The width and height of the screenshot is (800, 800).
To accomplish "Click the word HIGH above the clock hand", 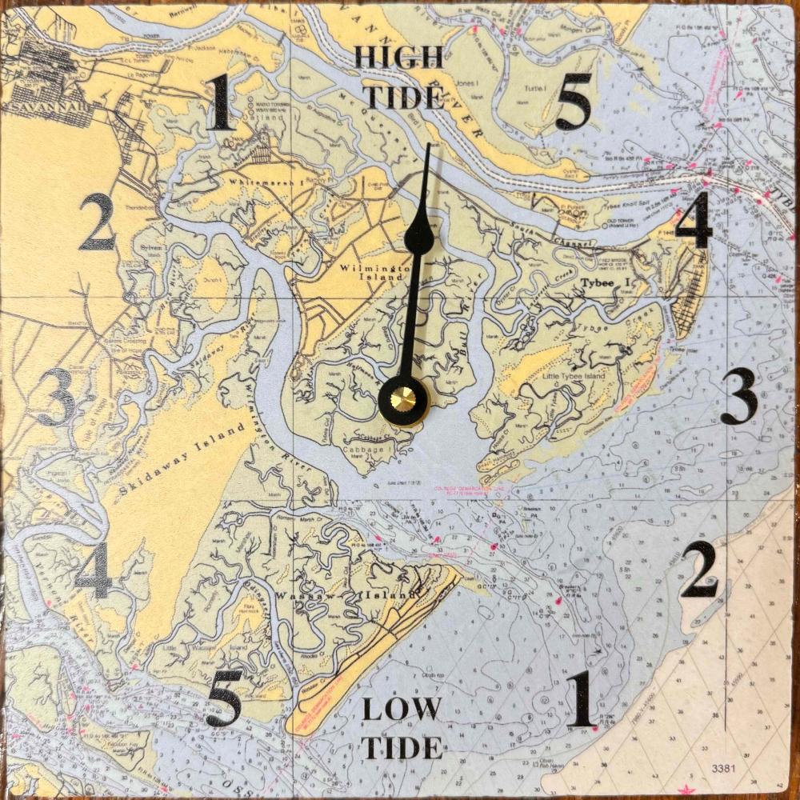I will pyautogui.click(x=398, y=57).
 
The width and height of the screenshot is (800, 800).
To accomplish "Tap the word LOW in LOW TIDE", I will pyautogui.click(x=401, y=709).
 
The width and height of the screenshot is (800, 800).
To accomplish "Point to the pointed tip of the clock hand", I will pyautogui.click(x=429, y=146).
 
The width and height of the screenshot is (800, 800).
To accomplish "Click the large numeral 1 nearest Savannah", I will pyautogui.click(x=222, y=104).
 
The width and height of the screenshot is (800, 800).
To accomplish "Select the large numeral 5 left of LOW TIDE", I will pyautogui.click(x=222, y=698).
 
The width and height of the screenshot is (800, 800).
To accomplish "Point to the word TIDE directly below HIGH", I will pyautogui.click(x=404, y=97).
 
